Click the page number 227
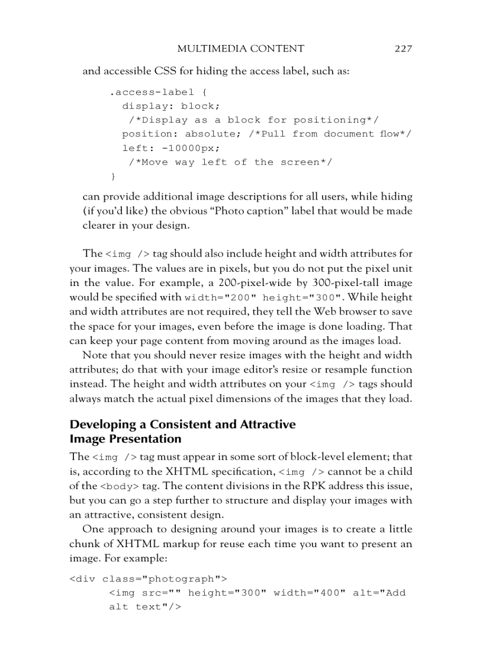403,49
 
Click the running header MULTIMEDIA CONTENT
241,49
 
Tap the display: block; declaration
171,107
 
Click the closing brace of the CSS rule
113,176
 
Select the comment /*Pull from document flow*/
330,134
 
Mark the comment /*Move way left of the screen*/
231,162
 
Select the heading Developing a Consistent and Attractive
182,425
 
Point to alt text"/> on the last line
144,607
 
